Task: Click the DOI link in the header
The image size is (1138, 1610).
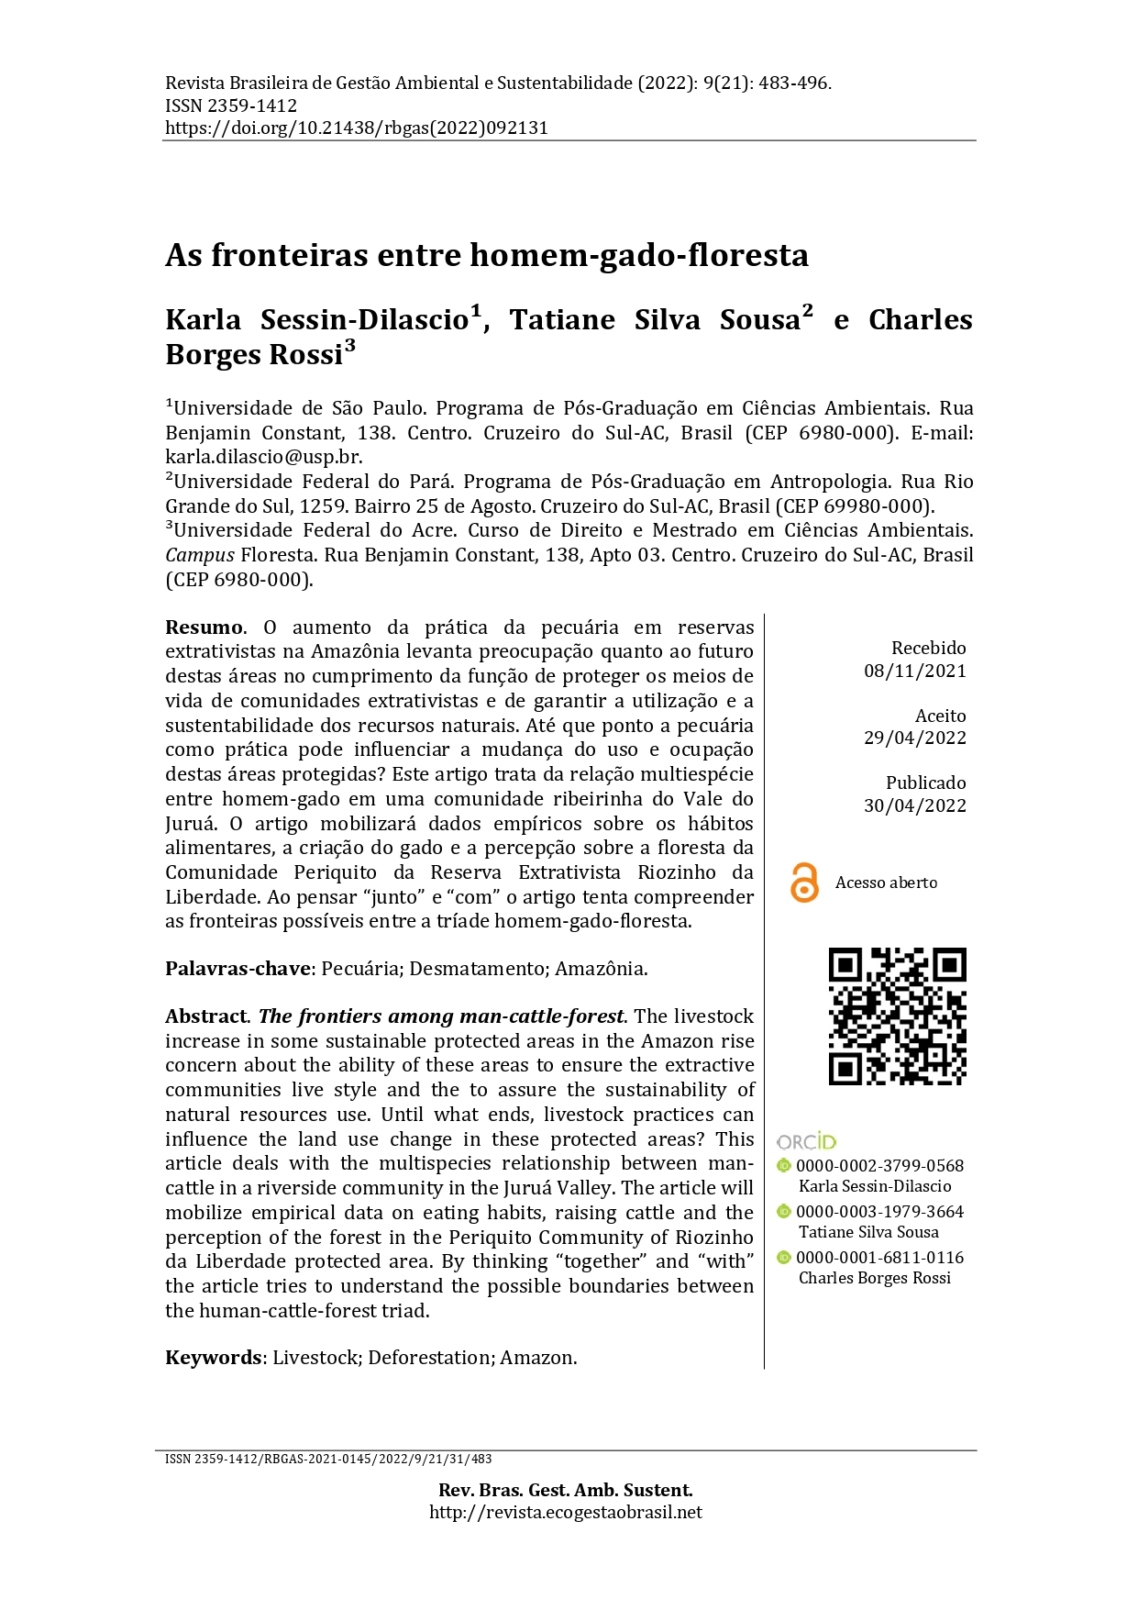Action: (356, 128)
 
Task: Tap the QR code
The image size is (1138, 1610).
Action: (897, 1016)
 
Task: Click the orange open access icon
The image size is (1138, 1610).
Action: (804, 883)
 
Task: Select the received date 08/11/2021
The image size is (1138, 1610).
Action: (914, 671)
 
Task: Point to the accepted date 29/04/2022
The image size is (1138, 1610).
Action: (914, 738)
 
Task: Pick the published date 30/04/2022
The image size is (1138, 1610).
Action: (914, 805)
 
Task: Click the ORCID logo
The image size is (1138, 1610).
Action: (806, 1142)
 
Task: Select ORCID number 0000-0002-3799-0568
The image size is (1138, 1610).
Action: (879, 1166)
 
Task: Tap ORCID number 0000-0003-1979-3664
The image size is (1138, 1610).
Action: (879, 1212)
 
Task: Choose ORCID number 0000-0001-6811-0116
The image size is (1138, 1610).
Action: (879, 1258)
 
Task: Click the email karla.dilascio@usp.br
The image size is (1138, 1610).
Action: (263, 457)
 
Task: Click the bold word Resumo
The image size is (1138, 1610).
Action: (204, 627)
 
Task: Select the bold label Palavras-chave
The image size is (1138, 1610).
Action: (238, 969)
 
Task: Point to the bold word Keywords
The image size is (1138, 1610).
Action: (214, 1358)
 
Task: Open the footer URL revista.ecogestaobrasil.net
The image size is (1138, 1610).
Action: (565, 1513)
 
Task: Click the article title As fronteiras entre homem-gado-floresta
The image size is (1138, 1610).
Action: (486, 255)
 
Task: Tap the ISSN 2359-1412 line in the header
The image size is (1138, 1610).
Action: (231, 105)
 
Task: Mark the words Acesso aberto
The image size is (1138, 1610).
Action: (886, 883)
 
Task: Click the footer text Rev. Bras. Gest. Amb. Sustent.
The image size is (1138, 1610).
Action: (565, 1490)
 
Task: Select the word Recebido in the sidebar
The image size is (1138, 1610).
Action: (928, 648)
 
